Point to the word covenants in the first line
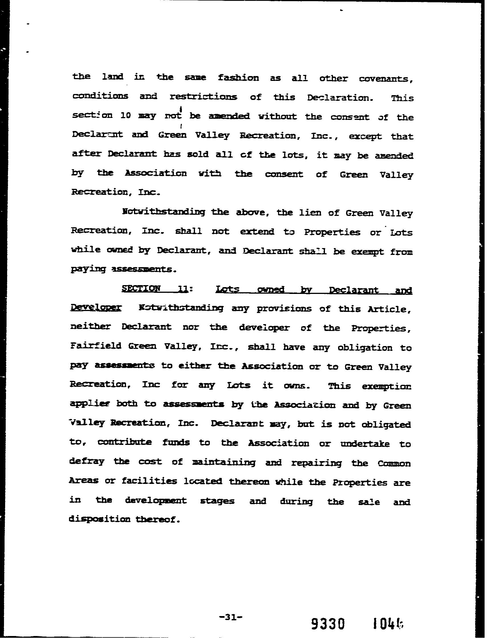click(x=386, y=79)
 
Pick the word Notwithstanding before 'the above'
click(x=164, y=212)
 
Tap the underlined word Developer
click(x=96, y=308)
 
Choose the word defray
click(x=87, y=461)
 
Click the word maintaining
click(x=224, y=462)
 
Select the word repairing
click(x=317, y=463)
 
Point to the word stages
click(x=217, y=501)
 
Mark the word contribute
click(x=124, y=442)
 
